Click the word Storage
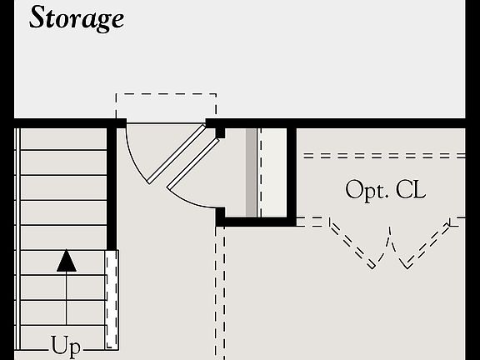76,17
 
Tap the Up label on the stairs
66,344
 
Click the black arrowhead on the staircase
67,261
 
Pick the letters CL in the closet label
410,190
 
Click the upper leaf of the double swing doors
176,154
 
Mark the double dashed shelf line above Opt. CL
383,156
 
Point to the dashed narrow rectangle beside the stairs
112,300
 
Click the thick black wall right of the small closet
292,175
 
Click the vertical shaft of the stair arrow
67,300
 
